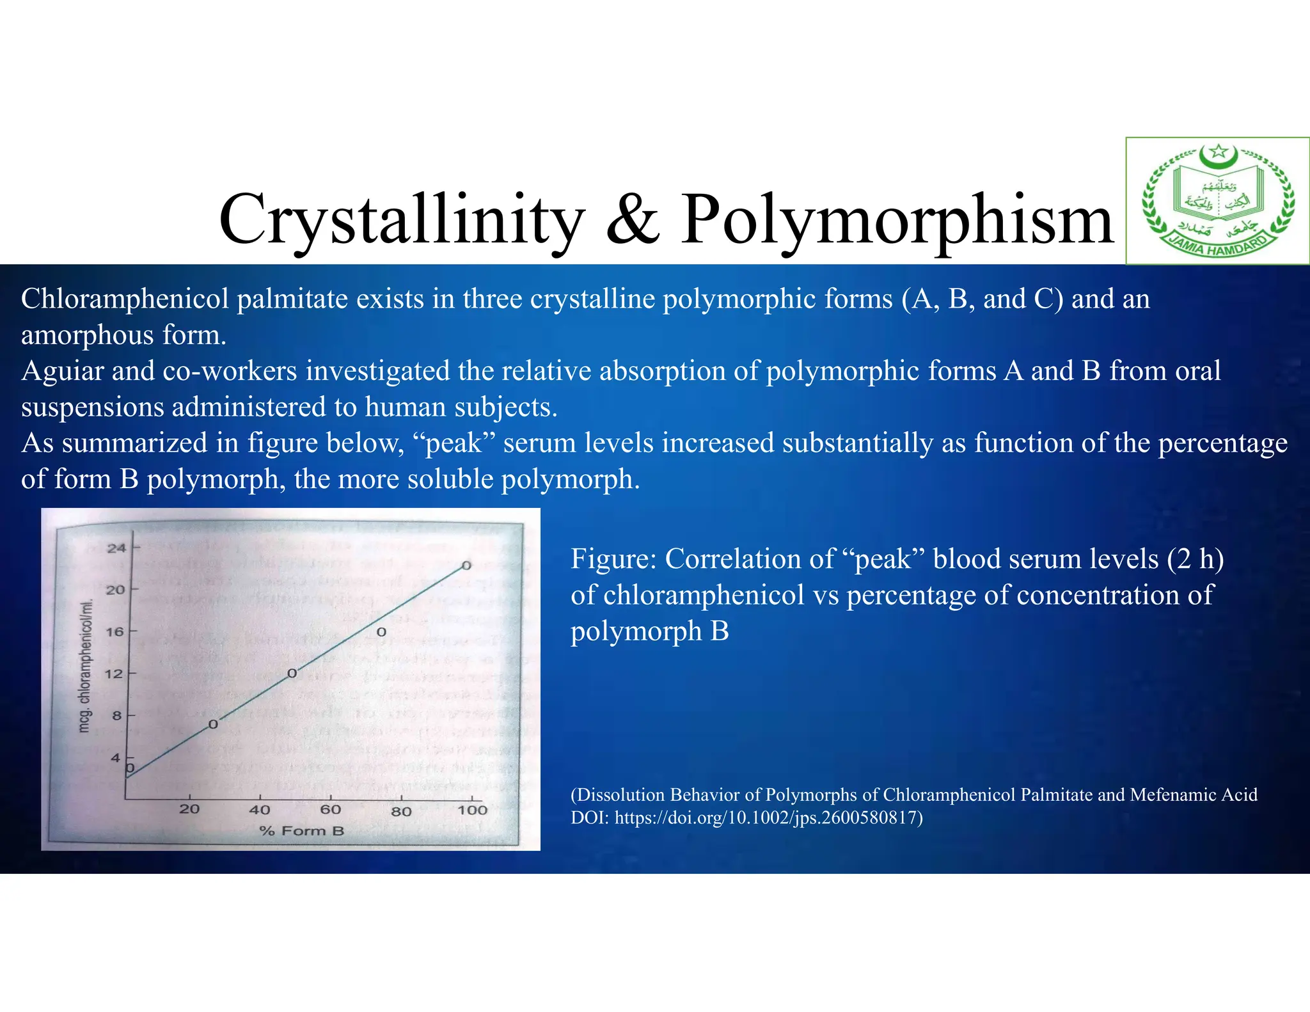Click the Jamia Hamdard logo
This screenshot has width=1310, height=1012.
click(x=1217, y=200)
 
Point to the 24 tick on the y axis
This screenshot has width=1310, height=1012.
click(x=116, y=548)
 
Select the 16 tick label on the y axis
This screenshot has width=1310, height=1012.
click(x=115, y=632)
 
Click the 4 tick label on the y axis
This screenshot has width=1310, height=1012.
click(x=116, y=758)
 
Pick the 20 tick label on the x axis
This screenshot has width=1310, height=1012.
click(x=189, y=809)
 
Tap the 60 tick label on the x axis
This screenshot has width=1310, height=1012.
click(x=331, y=810)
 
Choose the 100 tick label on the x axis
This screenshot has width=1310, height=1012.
click(x=472, y=810)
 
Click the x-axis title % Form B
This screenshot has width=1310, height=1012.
click(x=302, y=831)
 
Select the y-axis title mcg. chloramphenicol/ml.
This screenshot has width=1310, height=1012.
click(x=86, y=665)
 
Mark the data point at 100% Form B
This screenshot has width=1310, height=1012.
click(x=467, y=565)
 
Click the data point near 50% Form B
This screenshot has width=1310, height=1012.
click(x=292, y=673)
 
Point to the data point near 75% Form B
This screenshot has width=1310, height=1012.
click(x=381, y=632)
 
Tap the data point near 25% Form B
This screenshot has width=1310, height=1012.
click(x=213, y=724)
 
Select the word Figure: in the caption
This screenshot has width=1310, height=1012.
click(x=613, y=559)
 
